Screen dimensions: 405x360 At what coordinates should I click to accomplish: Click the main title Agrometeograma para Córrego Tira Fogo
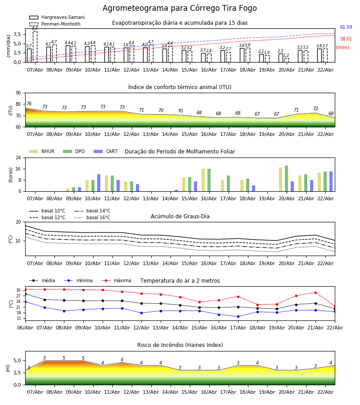180,9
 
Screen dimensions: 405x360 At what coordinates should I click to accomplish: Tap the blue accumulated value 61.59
346,27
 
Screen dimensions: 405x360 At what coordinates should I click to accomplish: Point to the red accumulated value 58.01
346,39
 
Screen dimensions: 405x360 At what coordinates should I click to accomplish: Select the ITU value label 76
29,104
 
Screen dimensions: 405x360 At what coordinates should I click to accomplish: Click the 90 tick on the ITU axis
18,93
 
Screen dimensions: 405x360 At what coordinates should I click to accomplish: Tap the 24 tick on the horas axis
18,158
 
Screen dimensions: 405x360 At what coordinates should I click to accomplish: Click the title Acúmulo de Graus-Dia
180,216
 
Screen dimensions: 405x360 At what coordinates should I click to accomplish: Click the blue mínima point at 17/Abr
238,316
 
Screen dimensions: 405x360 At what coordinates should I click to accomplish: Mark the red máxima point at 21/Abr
315,292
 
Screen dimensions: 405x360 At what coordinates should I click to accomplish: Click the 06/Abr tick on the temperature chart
25,327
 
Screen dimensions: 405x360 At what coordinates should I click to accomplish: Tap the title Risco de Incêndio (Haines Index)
180,345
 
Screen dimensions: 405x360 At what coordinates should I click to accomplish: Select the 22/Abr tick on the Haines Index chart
325,391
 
